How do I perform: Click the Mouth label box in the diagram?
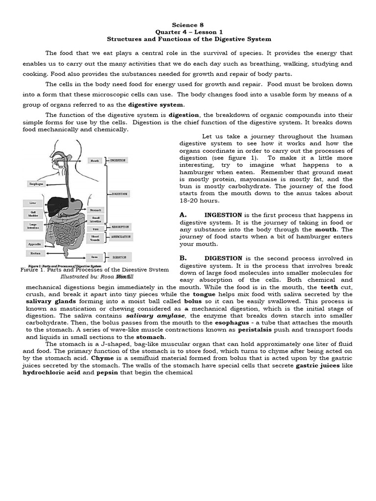click(x=95, y=160)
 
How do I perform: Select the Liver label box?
click(x=33, y=203)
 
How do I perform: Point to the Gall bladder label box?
click(x=33, y=214)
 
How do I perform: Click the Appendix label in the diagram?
click(x=34, y=243)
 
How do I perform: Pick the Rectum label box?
click(x=35, y=253)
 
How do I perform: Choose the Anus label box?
click(x=95, y=256)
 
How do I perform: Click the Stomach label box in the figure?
click(x=95, y=210)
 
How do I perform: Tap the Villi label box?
click(x=95, y=229)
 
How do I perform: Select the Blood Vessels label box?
click(x=95, y=238)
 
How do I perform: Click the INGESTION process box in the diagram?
click(x=118, y=160)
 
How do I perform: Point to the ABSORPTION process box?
click(x=119, y=227)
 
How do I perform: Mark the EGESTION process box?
click(x=119, y=256)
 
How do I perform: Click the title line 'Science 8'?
click(x=188, y=24)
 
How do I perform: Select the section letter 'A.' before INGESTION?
click(x=184, y=215)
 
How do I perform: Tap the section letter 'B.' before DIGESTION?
click(x=184, y=258)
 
